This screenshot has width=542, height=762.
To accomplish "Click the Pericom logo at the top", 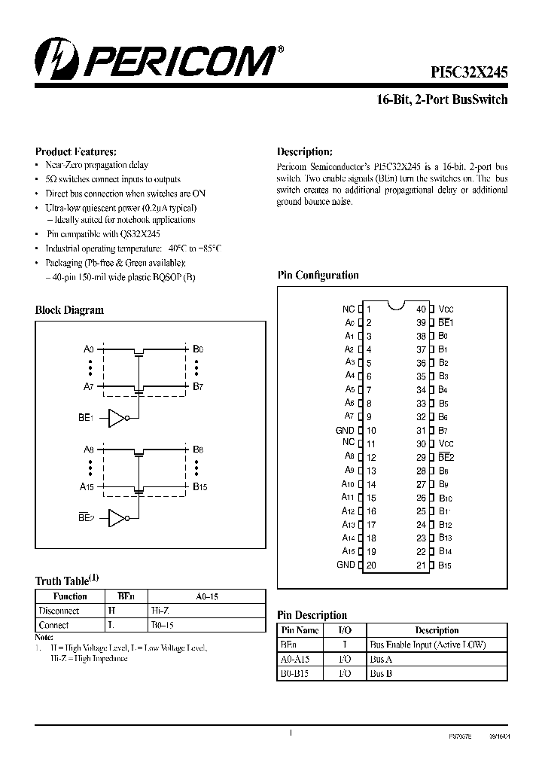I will tap(157, 60).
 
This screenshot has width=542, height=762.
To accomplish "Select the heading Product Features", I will tap(76, 151).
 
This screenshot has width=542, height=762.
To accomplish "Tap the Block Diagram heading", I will tap(69, 309).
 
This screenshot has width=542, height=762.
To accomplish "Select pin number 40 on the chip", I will tap(422, 309).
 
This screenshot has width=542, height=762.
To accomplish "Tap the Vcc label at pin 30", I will tap(446, 443).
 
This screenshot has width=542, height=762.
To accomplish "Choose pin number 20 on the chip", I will tap(370, 565).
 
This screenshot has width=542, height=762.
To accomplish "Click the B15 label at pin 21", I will tap(445, 565).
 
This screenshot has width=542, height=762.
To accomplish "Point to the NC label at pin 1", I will tap(348, 309).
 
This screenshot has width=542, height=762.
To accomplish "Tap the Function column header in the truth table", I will tap(71, 596).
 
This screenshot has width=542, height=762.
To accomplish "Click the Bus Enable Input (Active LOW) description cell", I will tap(428, 645).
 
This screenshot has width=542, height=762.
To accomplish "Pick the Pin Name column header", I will tap(299, 630).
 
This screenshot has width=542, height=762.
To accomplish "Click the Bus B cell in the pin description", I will tap(382, 674).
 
